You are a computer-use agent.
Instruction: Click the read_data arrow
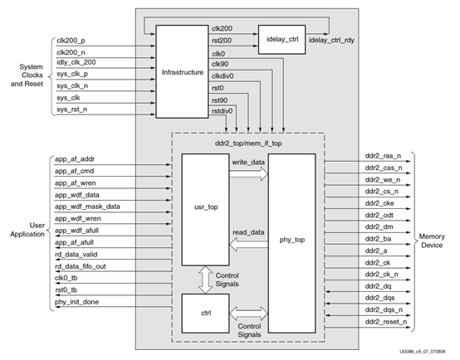(x=249, y=242)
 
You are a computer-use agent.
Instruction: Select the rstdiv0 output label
(x=221, y=109)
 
